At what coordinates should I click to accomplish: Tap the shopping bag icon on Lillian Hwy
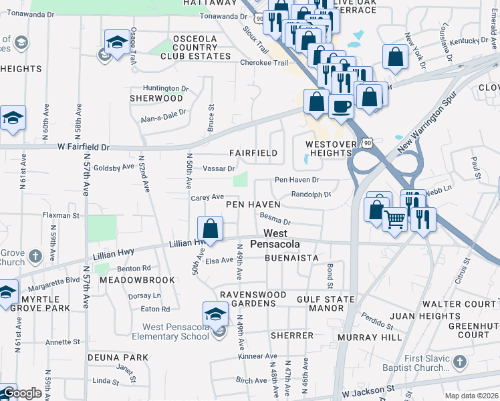(211, 229)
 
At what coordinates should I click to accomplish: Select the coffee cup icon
(342, 106)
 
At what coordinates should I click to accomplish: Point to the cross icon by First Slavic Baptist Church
(459, 362)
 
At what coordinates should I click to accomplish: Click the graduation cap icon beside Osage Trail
(117, 42)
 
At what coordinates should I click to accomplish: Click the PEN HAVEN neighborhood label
(252, 204)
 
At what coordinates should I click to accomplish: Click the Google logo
(22, 393)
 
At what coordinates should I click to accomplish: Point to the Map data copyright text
(472, 396)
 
